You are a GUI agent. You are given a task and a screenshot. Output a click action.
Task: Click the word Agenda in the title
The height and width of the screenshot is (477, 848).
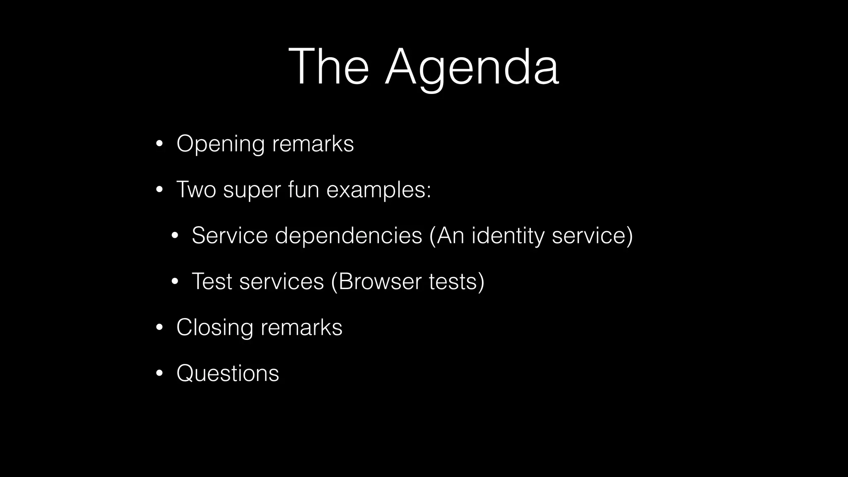tap(472, 67)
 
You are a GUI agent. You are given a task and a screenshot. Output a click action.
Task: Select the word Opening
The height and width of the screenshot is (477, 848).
tap(220, 145)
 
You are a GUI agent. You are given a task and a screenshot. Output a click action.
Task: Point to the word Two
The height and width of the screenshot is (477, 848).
tap(196, 190)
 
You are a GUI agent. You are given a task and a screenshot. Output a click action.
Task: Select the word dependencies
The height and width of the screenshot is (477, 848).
tap(348, 236)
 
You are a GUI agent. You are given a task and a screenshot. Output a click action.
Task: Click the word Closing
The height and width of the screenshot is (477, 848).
tap(214, 328)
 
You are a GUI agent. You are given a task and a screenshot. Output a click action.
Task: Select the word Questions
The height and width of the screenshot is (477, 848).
tap(228, 373)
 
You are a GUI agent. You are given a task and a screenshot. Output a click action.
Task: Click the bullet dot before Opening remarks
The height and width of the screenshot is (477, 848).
tap(159, 145)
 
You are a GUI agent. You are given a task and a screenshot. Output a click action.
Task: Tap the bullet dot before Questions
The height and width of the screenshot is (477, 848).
tap(159, 373)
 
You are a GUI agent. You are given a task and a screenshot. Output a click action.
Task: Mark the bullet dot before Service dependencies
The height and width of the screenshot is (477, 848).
tap(174, 236)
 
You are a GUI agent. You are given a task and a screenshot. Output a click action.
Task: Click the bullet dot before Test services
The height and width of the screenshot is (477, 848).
tap(174, 282)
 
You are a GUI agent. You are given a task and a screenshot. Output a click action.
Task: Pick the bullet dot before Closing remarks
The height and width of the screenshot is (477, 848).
tap(159, 328)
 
